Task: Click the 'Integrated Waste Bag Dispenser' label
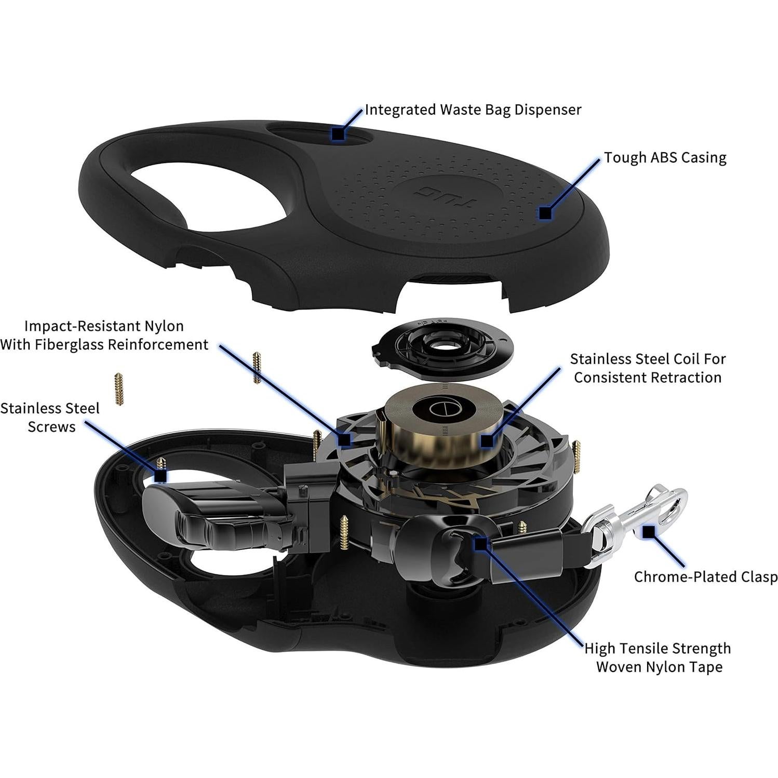[x=473, y=110]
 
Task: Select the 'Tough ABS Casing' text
[x=665, y=157]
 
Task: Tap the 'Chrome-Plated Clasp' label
[x=705, y=577]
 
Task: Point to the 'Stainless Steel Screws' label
[x=50, y=417]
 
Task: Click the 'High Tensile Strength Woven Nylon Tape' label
[x=658, y=658]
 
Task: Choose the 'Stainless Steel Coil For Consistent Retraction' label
[x=648, y=368]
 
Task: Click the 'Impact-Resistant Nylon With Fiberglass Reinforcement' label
[x=104, y=335]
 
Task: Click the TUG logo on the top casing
[x=432, y=193]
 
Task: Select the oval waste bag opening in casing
[x=322, y=133]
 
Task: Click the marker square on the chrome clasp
[x=649, y=531]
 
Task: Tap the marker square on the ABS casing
[x=545, y=213]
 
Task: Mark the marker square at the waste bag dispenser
[x=338, y=133]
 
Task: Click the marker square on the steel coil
[x=486, y=441]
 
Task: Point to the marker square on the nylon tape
[x=481, y=544]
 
